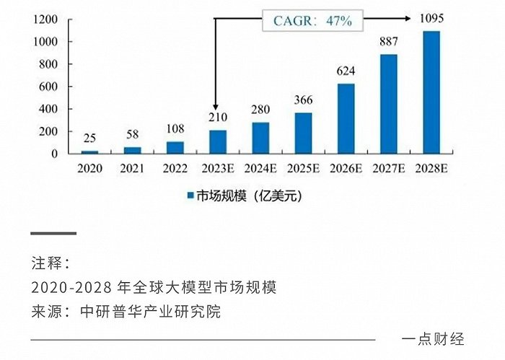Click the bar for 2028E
pyautogui.click(x=431, y=92)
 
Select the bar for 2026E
pyautogui.click(x=346, y=119)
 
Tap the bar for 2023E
pyautogui.click(x=218, y=142)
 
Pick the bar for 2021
pyautogui.click(x=133, y=150)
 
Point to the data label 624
pyautogui.click(x=346, y=72)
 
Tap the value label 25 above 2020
pyautogui.click(x=90, y=138)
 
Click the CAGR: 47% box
pyautogui.click(x=312, y=20)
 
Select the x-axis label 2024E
pyautogui.click(x=260, y=167)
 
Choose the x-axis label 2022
pyautogui.click(x=175, y=167)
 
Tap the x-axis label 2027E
pyautogui.click(x=388, y=167)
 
